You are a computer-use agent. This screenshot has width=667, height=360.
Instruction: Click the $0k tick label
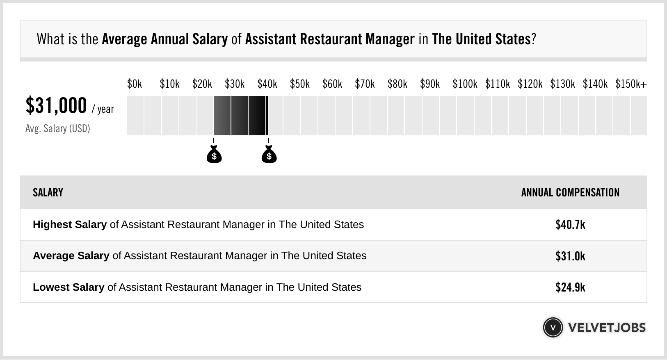point(135,84)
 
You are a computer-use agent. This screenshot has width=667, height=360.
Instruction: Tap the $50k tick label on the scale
point(299,84)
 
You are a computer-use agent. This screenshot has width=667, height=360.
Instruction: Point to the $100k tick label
point(465,84)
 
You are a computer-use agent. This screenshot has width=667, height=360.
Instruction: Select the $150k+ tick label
point(631,84)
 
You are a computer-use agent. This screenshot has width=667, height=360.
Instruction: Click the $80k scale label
point(397,84)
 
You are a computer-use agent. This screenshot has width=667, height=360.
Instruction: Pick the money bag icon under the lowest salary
point(214,155)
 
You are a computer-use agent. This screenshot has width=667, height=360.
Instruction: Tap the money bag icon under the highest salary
point(269,155)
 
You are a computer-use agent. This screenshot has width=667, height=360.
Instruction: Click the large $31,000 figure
point(56,106)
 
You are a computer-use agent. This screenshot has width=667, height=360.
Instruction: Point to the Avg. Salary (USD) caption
point(58,129)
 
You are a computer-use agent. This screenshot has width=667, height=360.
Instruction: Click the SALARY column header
point(48,193)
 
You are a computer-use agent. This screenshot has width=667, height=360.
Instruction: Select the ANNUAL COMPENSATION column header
point(570,193)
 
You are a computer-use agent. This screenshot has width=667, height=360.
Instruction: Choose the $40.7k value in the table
point(570,225)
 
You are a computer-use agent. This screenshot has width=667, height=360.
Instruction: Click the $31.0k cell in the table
point(570,256)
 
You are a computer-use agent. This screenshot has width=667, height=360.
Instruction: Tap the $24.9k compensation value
point(570,287)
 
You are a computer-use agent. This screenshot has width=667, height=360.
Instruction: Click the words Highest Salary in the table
point(70,225)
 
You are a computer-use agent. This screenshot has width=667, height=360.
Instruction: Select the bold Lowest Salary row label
point(69,287)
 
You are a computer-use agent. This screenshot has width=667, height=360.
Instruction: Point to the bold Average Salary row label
point(71,256)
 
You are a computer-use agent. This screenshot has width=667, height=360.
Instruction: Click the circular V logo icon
point(553,328)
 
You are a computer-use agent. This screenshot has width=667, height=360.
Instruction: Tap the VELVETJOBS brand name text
point(607,328)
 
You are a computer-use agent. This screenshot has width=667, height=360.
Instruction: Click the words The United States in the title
point(481,39)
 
